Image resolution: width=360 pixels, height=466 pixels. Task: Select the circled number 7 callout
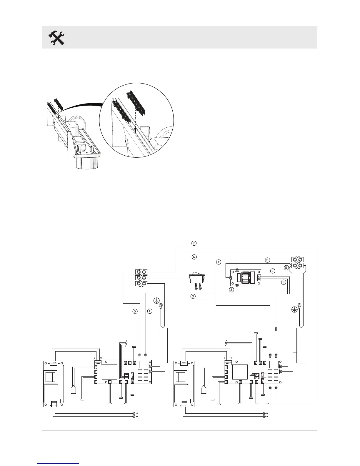[x=194, y=243]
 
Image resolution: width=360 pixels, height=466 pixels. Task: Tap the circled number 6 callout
[x=194, y=257]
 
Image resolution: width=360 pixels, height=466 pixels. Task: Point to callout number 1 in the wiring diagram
[x=218, y=262]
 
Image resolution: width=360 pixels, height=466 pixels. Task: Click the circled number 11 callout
[x=267, y=260]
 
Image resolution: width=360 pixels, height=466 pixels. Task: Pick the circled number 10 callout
[x=286, y=267]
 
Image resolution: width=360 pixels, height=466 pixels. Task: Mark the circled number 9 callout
[x=273, y=271]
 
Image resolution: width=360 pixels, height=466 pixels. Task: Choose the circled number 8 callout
[x=284, y=282]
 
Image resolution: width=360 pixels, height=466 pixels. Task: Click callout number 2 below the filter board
[x=232, y=290]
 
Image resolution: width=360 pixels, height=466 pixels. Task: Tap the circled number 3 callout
[x=193, y=296]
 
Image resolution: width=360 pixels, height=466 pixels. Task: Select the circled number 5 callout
[x=135, y=311]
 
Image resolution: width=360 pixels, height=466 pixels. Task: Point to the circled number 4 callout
[x=150, y=311]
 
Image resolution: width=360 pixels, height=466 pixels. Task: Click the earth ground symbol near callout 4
[x=157, y=300]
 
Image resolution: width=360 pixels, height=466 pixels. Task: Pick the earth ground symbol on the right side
[x=294, y=309]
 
